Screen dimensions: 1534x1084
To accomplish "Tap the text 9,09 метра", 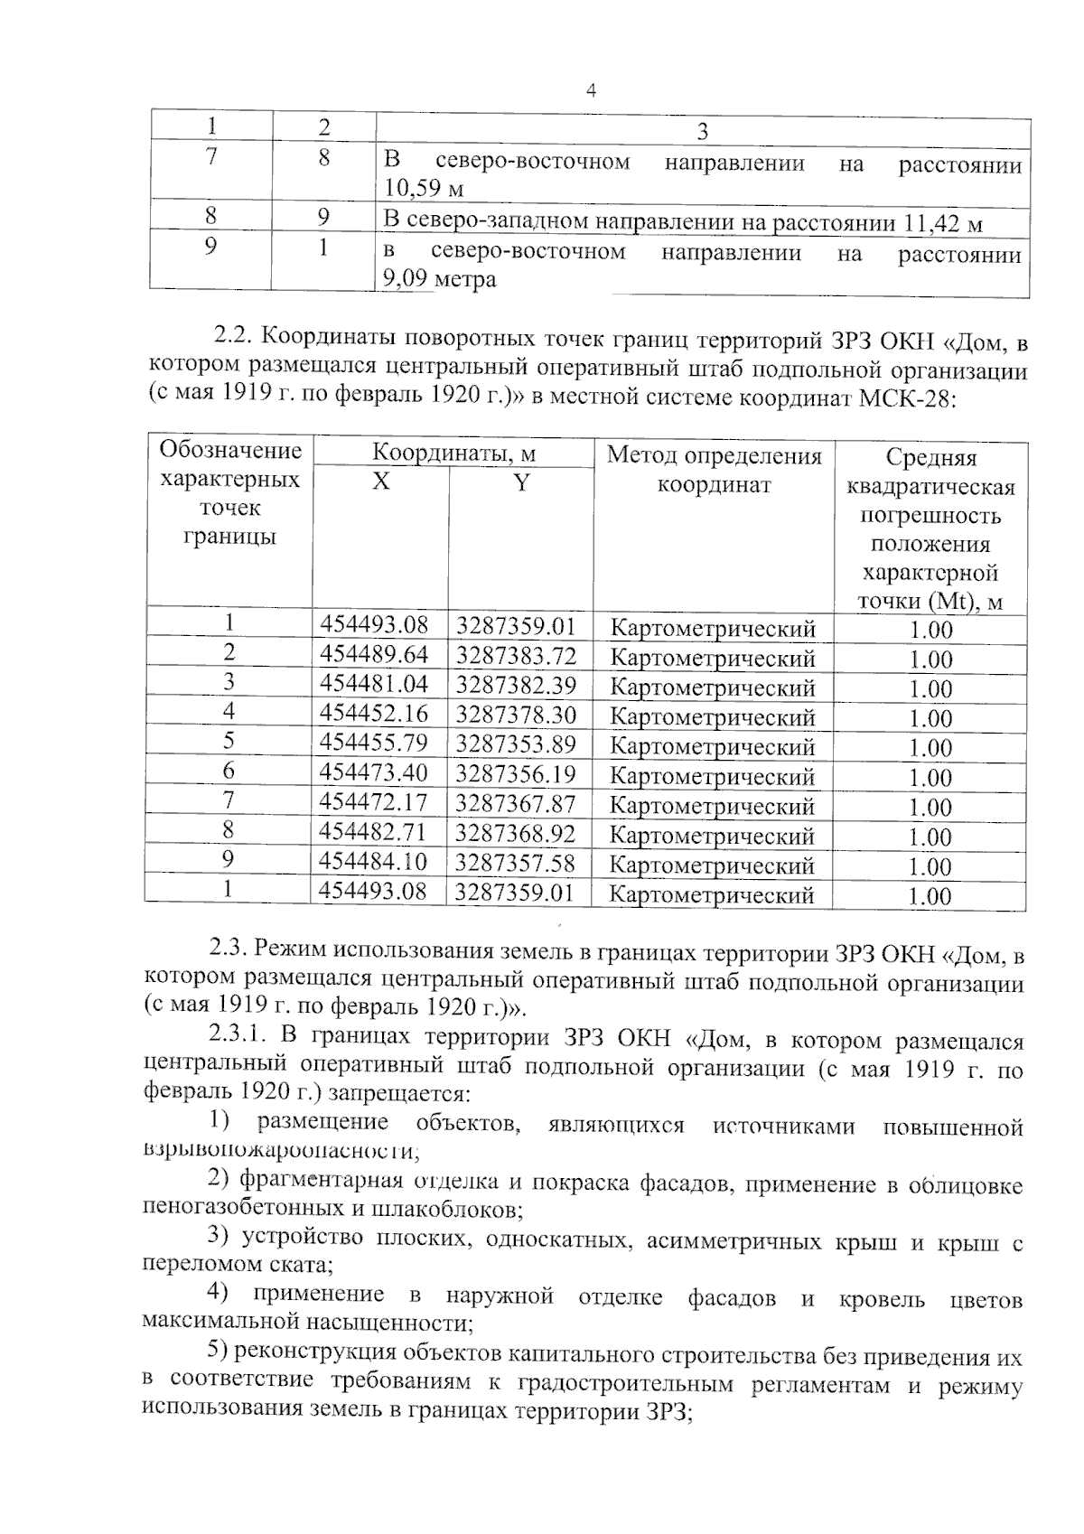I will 440,279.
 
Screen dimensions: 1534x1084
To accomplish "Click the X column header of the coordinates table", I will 381,482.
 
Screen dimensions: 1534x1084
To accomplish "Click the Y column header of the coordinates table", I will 520,482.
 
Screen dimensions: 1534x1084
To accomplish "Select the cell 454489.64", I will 374,654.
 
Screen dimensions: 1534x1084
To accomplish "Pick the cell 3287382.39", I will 515,684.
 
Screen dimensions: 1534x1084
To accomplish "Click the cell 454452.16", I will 374,714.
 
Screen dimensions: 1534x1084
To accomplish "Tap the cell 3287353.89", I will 515,744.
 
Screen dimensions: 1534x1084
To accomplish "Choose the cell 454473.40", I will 374,773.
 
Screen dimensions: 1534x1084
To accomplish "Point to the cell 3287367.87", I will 515,803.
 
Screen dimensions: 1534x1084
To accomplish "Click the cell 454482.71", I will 374,832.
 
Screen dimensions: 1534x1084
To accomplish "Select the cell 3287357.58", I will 515,863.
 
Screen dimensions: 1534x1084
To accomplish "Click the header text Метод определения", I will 714,455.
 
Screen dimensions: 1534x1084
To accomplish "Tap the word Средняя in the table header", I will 930,459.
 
